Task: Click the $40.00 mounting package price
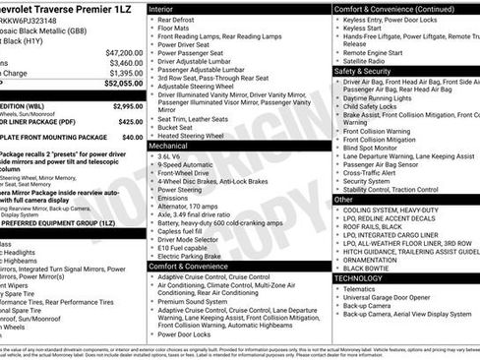tap(132, 139)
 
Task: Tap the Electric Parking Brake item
tap(197, 255)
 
